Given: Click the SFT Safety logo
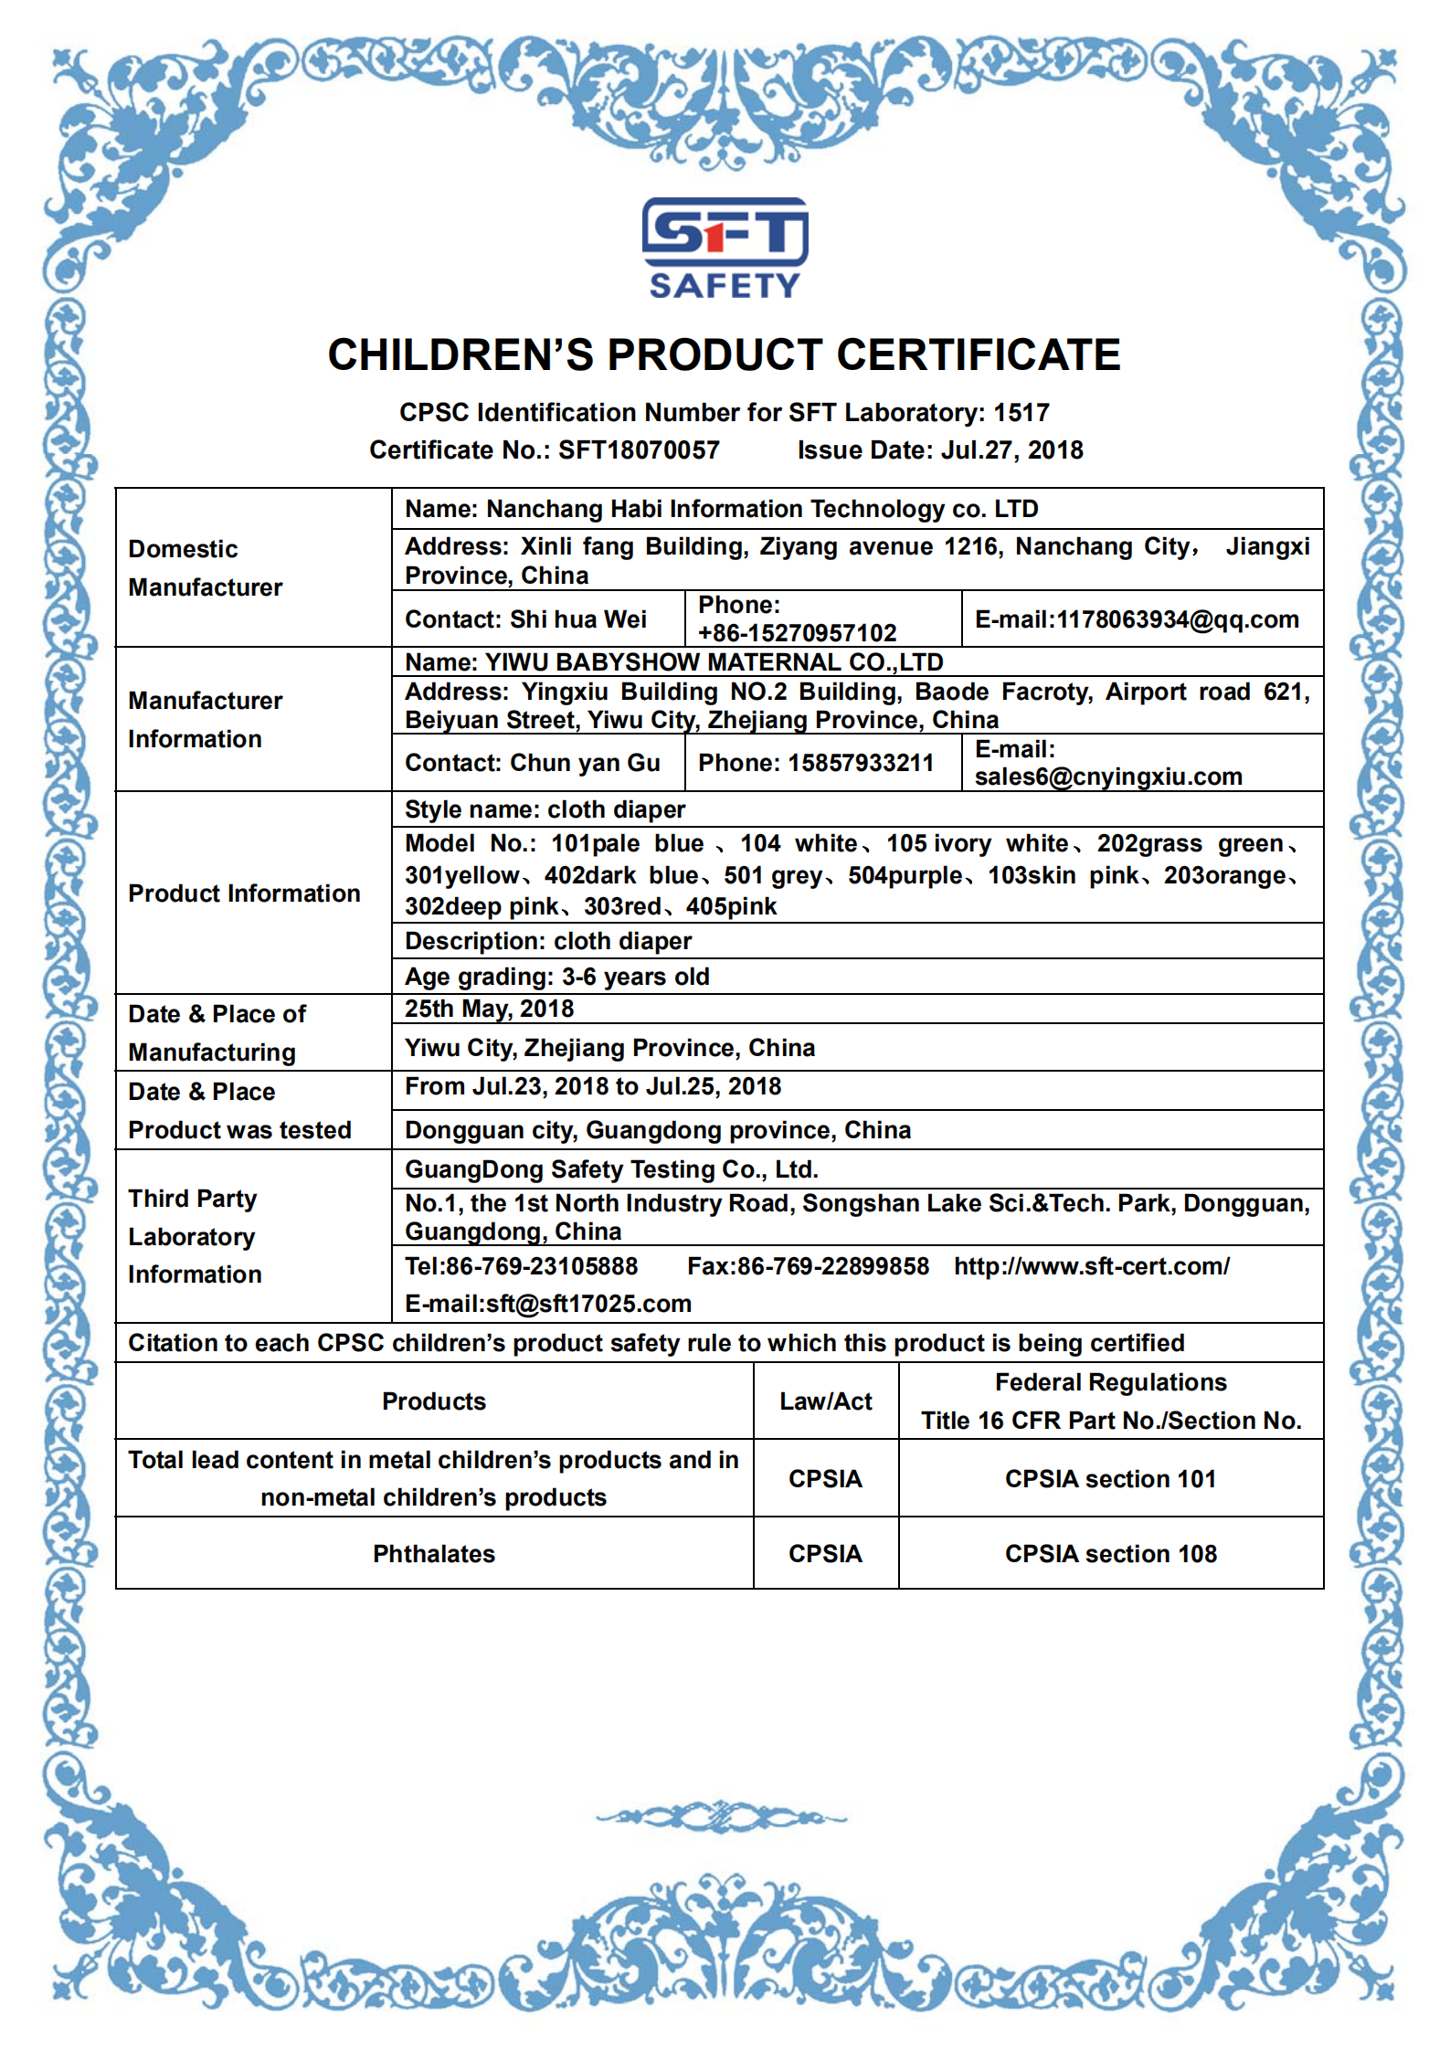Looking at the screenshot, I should tap(725, 248).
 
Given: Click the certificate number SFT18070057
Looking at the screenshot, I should tap(639, 450).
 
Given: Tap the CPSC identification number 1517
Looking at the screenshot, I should tap(1021, 413).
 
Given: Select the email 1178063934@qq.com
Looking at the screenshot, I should tap(1178, 619).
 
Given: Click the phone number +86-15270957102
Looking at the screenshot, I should tap(797, 632).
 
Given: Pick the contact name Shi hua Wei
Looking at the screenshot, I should tap(577, 619).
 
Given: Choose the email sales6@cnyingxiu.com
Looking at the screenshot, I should tap(1108, 777).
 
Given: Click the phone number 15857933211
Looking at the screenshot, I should tap(861, 763).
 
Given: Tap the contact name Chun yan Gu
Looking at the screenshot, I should tap(585, 763).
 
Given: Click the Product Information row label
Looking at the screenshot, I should tap(244, 893).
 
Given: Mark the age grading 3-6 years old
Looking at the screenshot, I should tap(635, 977).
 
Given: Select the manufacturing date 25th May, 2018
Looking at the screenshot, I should tap(490, 1009).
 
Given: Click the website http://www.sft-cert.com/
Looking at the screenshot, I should tap(1092, 1266).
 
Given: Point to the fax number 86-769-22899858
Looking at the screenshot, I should tap(832, 1266).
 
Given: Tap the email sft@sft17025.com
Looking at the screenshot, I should tap(588, 1304).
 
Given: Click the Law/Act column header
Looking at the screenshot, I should tap(825, 1401).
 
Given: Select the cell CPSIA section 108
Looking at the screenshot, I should tap(1110, 1554).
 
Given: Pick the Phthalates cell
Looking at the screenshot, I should tap(434, 1554).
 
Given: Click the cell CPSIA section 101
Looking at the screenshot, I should tap(1110, 1479).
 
